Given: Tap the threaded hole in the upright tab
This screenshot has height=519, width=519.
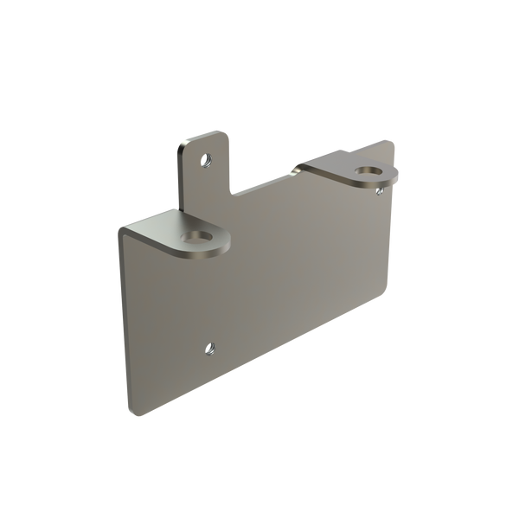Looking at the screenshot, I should pyautogui.click(x=206, y=158).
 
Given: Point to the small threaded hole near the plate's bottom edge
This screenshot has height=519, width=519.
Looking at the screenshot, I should pyautogui.click(x=210, y=349).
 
